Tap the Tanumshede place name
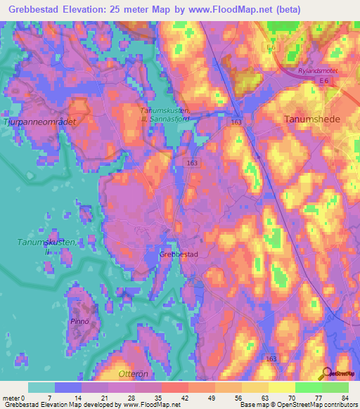(311, 119)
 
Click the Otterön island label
(116, 373)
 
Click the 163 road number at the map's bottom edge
(271, 359)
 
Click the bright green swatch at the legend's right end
(335, 387)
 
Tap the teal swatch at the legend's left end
(41, 387)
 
